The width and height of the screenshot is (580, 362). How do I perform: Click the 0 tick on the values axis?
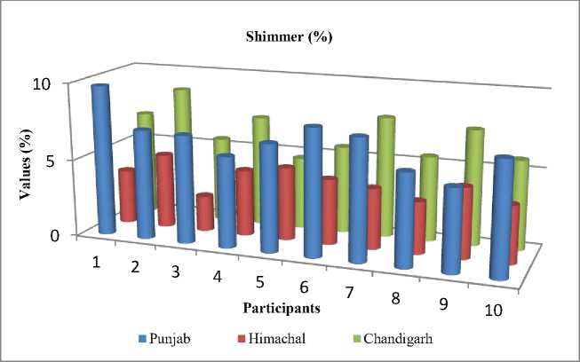click(x=54, y=235)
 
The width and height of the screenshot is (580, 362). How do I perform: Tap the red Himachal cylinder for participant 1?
click(x=128, y=195)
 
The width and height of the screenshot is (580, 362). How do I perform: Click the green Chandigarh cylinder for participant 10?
click(x=521, y=204)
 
